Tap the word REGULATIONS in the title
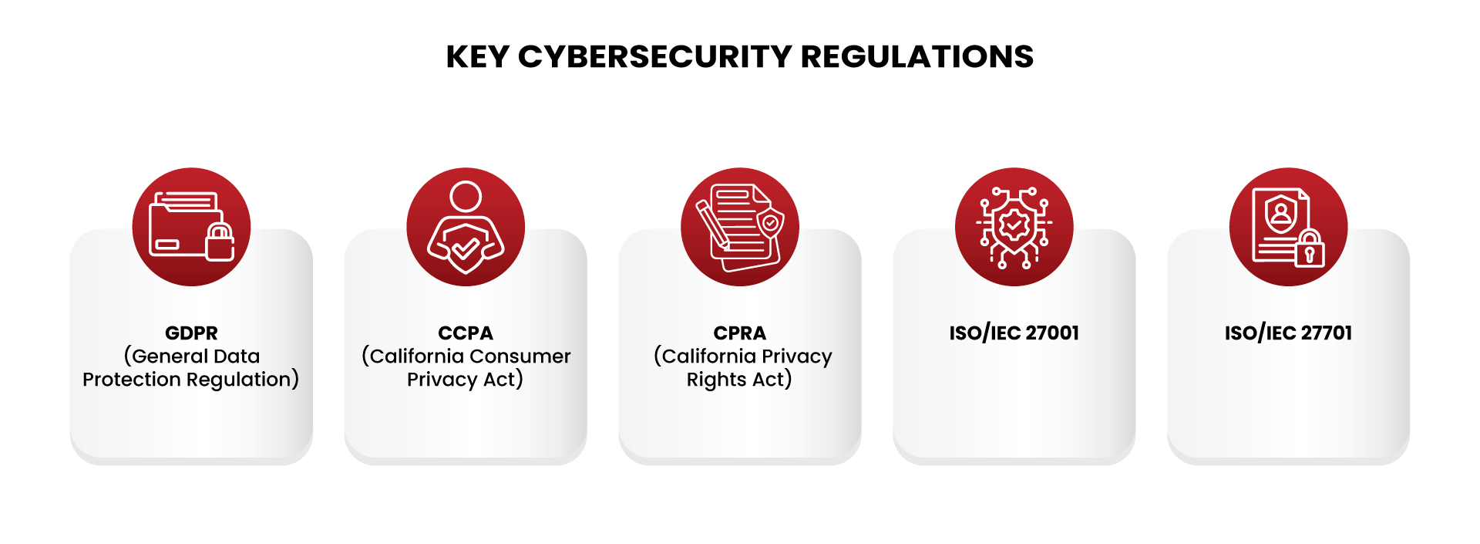[x=917, y=56]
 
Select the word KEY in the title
[x=477, y=56]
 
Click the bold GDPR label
[x=191, y=333]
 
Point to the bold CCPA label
[x=465, y=333]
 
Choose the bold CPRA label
[x=739, y=333]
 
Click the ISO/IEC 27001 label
[x=1014, y=333]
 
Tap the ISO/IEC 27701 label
[x=1288, y=333]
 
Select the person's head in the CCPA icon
[x=466, y=197]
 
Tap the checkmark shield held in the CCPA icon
[x=465, y=248]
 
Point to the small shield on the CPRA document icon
[x=770, y=223]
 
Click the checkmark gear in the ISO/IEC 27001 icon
[x=1014, y=225]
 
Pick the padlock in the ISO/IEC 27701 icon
[x=1309, y=248]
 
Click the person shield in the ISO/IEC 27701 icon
[x=1281, y=214]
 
